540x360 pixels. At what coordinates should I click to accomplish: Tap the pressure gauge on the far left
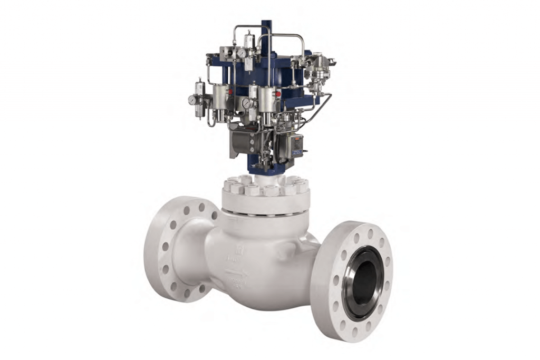pos(191,100)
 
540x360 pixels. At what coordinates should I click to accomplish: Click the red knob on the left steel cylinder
pos(230,92)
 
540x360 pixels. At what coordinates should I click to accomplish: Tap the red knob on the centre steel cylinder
pos(278,94)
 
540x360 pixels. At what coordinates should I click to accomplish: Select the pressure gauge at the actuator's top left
pos(242,53)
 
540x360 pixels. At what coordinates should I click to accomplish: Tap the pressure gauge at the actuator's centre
pos(245,103)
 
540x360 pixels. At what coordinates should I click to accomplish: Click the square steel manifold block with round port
pos(226,53)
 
